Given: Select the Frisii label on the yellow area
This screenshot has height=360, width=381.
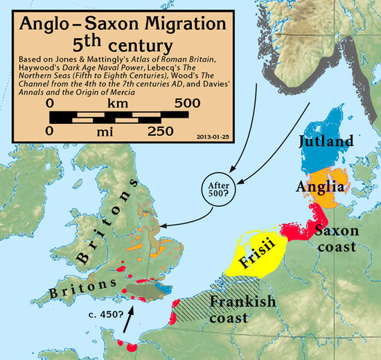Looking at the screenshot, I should [258, 262].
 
